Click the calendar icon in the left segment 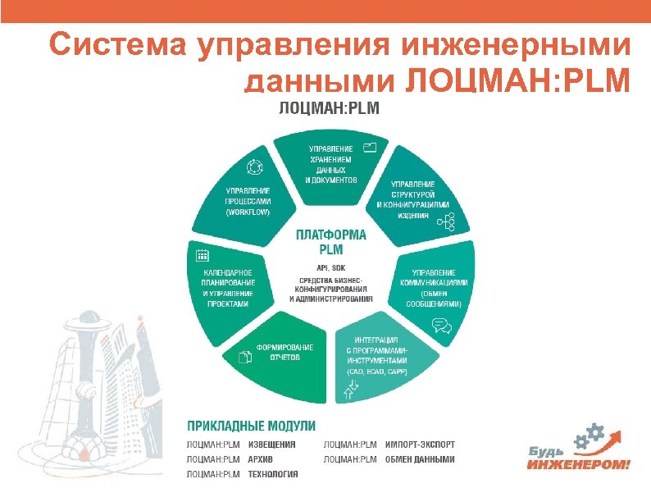tap(201, 255)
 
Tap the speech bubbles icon tap(441, 325)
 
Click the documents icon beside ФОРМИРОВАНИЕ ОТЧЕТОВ tap(243, 357)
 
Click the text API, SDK tap(330, 268)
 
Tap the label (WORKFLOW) tap(247, 212)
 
